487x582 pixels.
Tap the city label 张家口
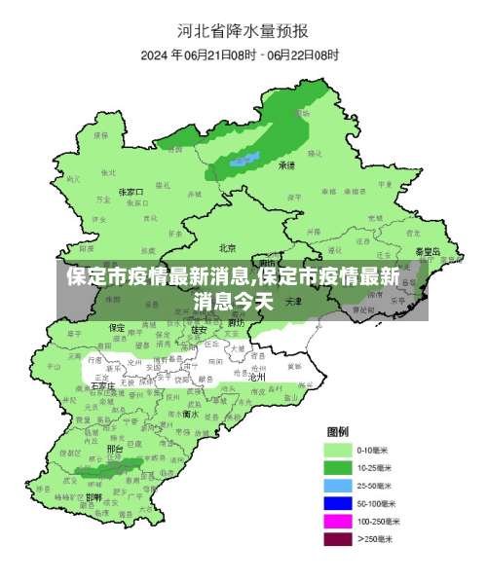tap(131, 192)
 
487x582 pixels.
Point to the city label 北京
tap(228, 247)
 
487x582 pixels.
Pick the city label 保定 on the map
tap(117, 327)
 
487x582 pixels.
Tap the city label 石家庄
tap(101, 385)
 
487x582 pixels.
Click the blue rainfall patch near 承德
tap(243, 159)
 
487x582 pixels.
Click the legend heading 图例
tap(338, 431)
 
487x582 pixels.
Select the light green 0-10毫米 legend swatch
tap(338, 451)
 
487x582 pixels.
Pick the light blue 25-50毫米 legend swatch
tap(338, 485)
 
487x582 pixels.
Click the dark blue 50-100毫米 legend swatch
tap(338, 502)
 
